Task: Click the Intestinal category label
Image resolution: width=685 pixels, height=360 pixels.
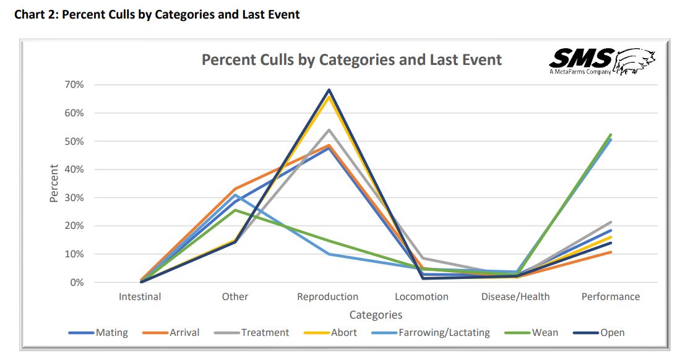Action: (x=140, y=297)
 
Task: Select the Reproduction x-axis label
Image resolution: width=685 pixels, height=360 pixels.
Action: (x=327, y=297)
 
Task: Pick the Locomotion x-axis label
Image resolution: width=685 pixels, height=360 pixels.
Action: (x=421, y=297)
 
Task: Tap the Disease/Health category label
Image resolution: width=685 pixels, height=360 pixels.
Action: (x=515, y=297)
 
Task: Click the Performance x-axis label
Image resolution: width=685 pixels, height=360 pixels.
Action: (x=610, y=297)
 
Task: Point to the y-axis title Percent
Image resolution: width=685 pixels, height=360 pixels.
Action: (x=54, y=183)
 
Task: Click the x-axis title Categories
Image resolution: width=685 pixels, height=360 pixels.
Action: (x=376, y=315)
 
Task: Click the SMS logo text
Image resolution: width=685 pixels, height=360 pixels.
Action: (x=580, y=59)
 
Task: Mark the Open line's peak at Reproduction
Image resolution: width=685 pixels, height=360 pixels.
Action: (x=329, y=90)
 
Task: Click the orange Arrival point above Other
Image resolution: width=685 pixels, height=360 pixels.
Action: (x=235, y=189)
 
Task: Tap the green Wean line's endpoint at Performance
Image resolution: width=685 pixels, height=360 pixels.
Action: (x=611, y=135)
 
